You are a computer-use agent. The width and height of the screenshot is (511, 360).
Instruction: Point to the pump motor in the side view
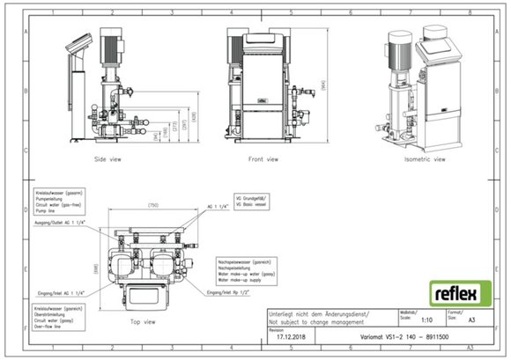(111, 45)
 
